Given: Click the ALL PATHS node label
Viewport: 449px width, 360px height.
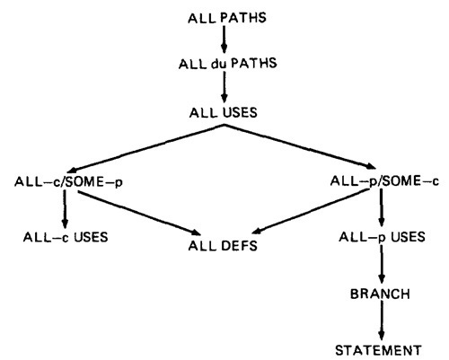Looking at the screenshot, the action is point(227,18).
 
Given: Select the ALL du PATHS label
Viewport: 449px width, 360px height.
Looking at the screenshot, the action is point(227,64).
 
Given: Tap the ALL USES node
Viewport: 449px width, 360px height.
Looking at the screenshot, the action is point(224,113).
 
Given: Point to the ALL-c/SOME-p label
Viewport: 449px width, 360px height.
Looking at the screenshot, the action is point(68,182).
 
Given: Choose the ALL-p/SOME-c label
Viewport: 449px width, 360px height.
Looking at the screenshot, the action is point(384,181).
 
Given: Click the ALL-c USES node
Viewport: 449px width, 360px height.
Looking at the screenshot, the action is point(66,237).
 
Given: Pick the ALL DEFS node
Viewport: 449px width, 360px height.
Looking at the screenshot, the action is point(223,246).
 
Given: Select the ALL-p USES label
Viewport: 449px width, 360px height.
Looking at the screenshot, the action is point(382,237).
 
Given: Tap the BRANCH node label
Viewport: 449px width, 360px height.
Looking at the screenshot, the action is point(380,294).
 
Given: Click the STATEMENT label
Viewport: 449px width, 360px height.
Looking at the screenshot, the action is point(378,350).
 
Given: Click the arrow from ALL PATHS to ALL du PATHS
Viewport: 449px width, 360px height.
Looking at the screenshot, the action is point(224,40).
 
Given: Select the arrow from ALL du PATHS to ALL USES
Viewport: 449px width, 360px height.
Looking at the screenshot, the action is point(224,87).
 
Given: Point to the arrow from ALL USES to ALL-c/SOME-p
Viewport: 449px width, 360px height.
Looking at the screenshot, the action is point(145,149).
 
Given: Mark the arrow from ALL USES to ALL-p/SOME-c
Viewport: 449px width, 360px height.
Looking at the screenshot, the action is point(300,147).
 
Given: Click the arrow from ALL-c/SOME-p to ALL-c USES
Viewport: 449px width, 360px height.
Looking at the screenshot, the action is point(65,209).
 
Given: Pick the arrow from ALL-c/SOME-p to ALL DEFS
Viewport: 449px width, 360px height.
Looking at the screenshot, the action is point(139,213).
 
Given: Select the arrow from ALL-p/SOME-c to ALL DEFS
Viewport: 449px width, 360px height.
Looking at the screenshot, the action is point(312,212).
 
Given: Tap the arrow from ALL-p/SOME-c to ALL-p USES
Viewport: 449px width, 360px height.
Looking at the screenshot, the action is point(381,207).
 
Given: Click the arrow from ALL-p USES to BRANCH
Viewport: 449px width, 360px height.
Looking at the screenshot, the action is point(382,264).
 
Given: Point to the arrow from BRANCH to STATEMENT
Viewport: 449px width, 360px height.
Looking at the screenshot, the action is point(381,320).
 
